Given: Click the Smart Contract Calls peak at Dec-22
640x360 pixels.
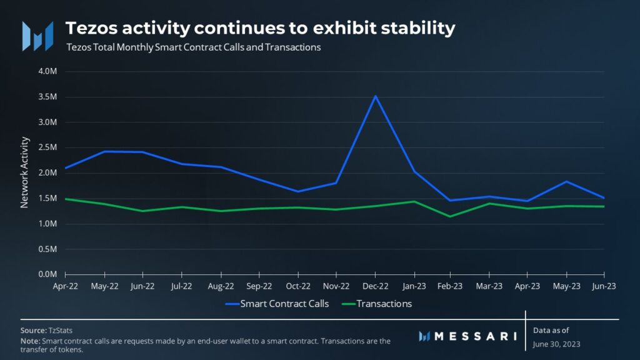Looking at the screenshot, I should (375, 96).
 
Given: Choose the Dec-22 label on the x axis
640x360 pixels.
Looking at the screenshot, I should (375, 286).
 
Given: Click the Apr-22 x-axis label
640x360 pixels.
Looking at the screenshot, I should (65, 286).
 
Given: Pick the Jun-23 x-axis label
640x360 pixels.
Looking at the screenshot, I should (604, 286).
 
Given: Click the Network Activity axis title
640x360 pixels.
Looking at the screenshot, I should (25, 172).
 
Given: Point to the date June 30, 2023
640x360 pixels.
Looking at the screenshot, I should (557, 343).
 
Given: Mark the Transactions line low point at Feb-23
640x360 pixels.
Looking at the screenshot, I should (450, 216).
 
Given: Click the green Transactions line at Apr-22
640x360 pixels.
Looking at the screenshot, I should (66, 199).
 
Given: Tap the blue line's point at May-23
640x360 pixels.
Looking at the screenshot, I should (566, 182).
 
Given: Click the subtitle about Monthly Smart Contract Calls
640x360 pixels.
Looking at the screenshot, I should (193, 47).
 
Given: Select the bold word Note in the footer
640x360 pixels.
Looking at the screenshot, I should (29, 341).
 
